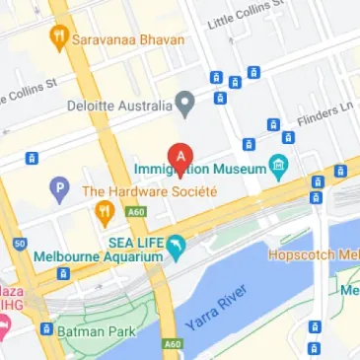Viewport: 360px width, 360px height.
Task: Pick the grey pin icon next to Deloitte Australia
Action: coord(183,102)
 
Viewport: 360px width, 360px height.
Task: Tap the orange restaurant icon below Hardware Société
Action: coord(104,210)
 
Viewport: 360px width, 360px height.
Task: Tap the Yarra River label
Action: coord(241,305)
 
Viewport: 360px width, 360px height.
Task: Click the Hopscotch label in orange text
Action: coord(314,254)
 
